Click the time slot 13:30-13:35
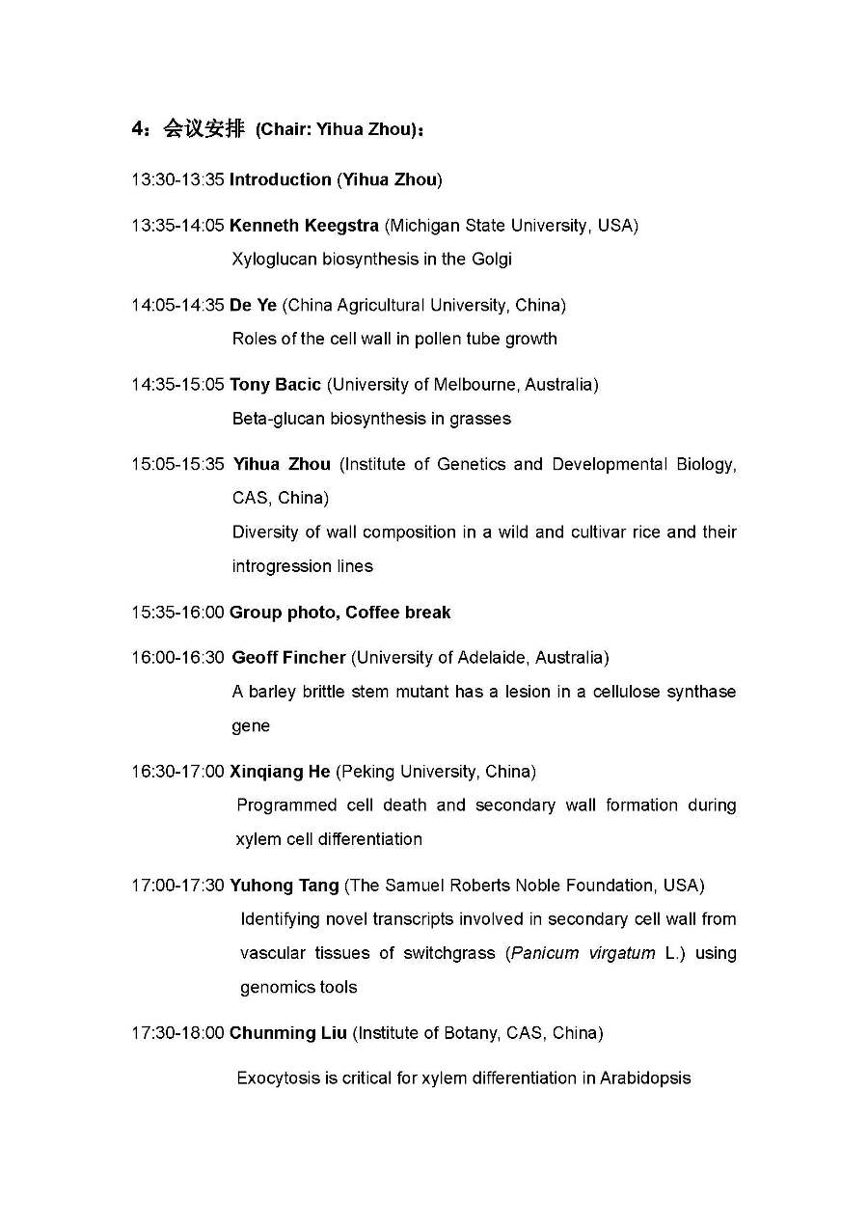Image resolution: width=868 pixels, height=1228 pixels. click(x=177, y=179)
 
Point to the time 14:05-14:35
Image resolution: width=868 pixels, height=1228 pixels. click(x=177, y=306)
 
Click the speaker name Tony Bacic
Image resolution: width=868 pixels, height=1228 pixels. click(x=275, y=385)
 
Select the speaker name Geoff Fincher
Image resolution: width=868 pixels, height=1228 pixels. click(x=288, y=658)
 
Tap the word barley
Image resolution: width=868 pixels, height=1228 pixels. click(x=271, y=693)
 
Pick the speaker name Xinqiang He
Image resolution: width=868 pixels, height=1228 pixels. click(x=280, y=772)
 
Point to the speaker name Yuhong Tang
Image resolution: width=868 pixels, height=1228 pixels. click(x=284, y=886)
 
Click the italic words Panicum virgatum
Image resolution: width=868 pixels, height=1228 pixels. click(x=583, y=953)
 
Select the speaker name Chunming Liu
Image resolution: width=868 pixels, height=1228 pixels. click(x=286, y=1033)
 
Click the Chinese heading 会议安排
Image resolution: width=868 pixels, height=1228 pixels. click(x=203, y=129)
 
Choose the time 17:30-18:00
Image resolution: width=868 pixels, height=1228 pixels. click(x=177, y=1033)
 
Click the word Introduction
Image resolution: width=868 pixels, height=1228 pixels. click(x=280, y=179)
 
